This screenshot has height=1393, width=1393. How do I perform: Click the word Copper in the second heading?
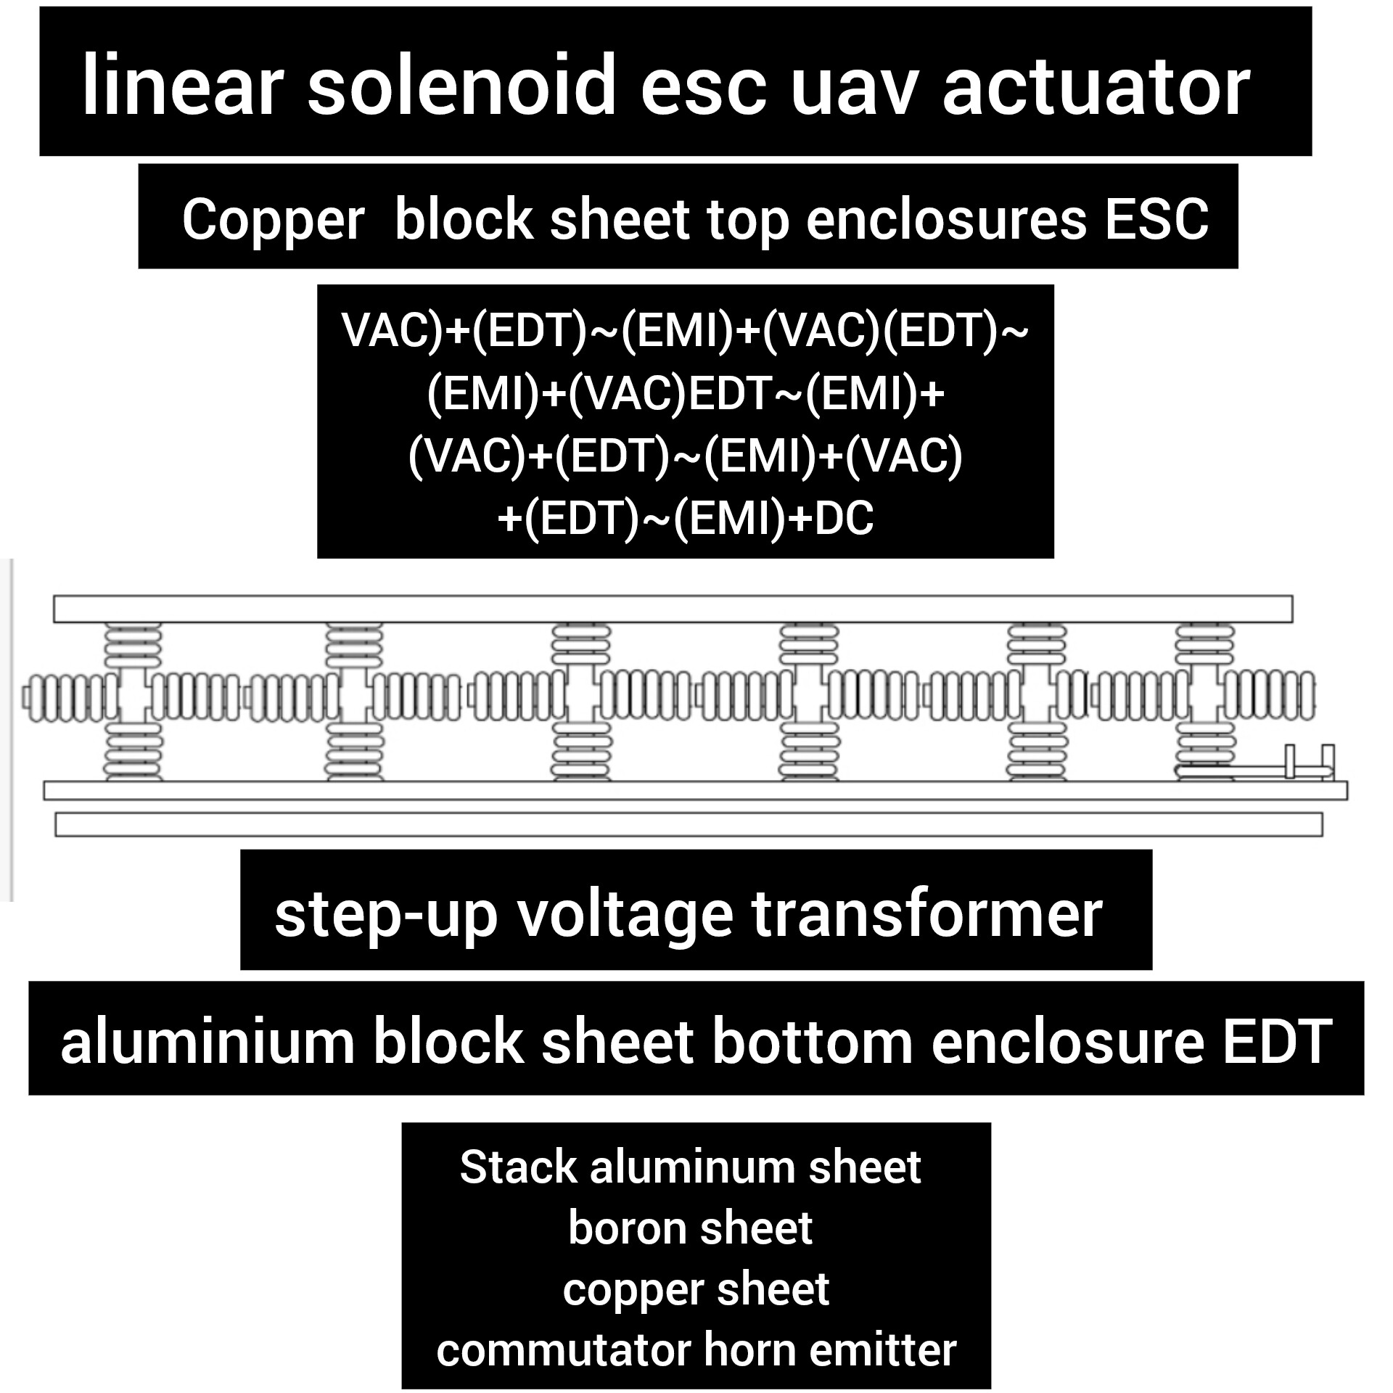(x=273, y=220)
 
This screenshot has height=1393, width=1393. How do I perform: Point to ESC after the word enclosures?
(x=1156, y=218)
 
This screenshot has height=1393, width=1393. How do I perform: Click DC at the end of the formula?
(x=845, y=519)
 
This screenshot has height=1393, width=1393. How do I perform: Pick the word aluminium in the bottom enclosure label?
(x=207, y=1042)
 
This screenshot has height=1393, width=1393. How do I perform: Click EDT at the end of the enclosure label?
(x=1278, y=1042)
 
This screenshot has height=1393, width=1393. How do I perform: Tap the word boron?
(x=622, y=1228)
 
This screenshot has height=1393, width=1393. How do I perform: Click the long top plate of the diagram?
(x=673, y=609)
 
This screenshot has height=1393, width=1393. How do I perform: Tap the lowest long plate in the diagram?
(x=688, y=825)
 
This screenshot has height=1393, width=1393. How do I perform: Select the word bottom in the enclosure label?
(x=812, y=1042)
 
